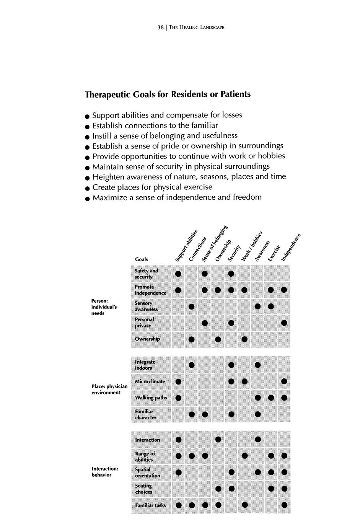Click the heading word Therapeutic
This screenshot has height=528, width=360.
click(x=108, y=95)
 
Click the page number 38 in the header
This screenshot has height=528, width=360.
click(x=160, y=28)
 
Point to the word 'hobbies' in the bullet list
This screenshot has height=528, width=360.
click(x=271, y=156)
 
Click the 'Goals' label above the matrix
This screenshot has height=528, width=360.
click(x=142, y=259)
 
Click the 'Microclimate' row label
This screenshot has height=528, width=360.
click(x=150, y=381)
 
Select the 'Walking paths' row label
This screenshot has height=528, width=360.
click(x=151, y=398)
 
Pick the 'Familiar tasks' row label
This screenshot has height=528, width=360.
click(x=150, y=505)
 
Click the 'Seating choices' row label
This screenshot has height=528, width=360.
click(x=143, y=489)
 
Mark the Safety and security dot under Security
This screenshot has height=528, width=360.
click(x=231, y=274)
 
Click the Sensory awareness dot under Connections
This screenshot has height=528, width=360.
click(x=192, y=306)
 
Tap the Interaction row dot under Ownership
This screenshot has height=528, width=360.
click(x=218, y=439)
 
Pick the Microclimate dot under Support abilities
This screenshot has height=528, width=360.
click(x=178, y=381)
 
